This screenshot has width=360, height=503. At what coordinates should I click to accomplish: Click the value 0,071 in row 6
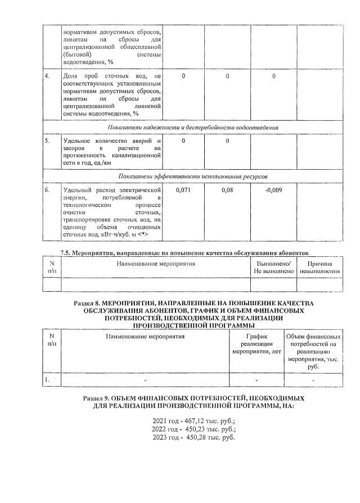[183, 191]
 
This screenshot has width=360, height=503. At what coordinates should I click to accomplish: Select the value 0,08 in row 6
[227, 191]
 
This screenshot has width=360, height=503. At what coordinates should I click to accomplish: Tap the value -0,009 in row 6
[273, 191]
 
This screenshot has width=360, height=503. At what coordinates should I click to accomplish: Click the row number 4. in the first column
[48, 76]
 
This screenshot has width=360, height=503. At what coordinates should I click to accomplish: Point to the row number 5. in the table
[48, 141]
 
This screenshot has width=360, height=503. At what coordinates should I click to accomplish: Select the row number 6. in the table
[48, 191]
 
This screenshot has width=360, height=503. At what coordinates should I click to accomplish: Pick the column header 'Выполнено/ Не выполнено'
[273, 267]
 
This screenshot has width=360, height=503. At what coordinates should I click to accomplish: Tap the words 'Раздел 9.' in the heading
[97, 397]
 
